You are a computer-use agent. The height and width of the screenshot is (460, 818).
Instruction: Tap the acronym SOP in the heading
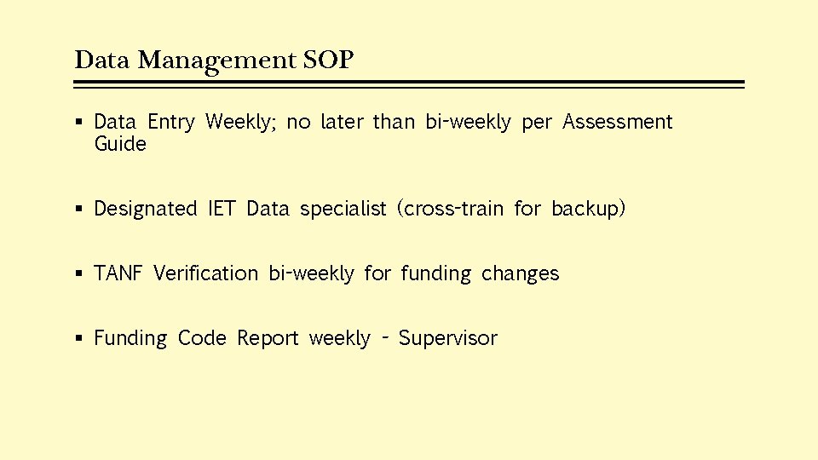point(328,60)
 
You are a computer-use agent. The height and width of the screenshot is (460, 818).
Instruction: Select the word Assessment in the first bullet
point(618,123)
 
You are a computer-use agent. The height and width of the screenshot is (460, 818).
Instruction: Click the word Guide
point(120,145)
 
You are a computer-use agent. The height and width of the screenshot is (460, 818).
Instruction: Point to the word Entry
point(170,123)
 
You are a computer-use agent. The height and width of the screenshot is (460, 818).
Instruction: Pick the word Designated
point(145,210)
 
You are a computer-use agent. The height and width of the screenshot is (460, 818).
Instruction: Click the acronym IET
point(222,210)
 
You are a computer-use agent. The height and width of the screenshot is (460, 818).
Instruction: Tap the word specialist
point(343,210)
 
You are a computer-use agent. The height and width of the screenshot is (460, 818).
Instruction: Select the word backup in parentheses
point(588,210)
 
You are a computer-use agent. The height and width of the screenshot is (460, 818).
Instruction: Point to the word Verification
point(205,273)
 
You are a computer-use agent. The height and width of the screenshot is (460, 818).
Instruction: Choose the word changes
point(521,274)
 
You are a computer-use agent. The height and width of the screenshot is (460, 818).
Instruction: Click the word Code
point(202,338)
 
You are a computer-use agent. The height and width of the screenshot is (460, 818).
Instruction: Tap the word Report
point(268,339)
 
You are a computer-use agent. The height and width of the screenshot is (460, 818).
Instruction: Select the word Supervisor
point(448,339)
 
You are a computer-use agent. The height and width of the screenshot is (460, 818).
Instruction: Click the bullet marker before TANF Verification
point(79,274)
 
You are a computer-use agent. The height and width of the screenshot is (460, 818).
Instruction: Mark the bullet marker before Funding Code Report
point(79,339)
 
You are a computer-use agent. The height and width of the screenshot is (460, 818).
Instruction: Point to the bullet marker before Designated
point(79,210)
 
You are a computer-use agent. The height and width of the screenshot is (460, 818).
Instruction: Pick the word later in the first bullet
point(342,123)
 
